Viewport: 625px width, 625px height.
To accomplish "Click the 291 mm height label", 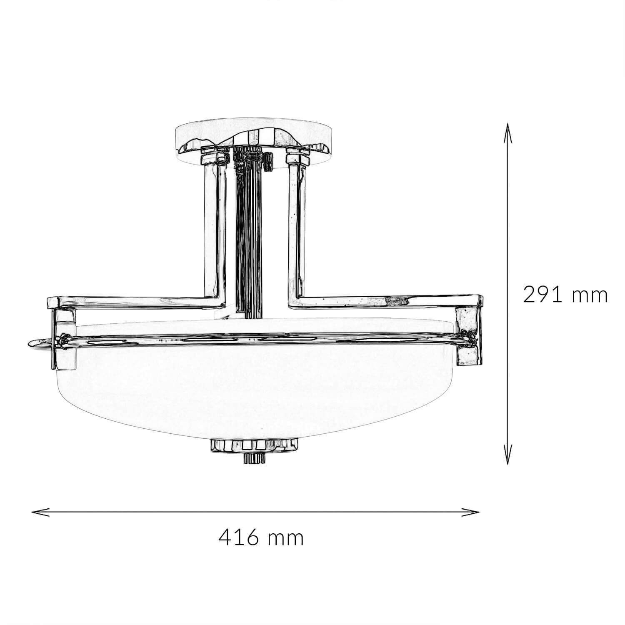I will tap(565, 295).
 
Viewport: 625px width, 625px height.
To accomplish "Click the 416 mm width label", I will tap(261, 538).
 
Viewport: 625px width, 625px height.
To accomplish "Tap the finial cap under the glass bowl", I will tap(255, 445).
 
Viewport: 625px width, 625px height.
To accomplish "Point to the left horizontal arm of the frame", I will tap(133, 301).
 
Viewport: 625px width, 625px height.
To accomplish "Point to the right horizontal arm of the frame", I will tap(387, 300).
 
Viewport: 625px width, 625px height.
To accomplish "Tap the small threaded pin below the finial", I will tap(255, 458).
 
